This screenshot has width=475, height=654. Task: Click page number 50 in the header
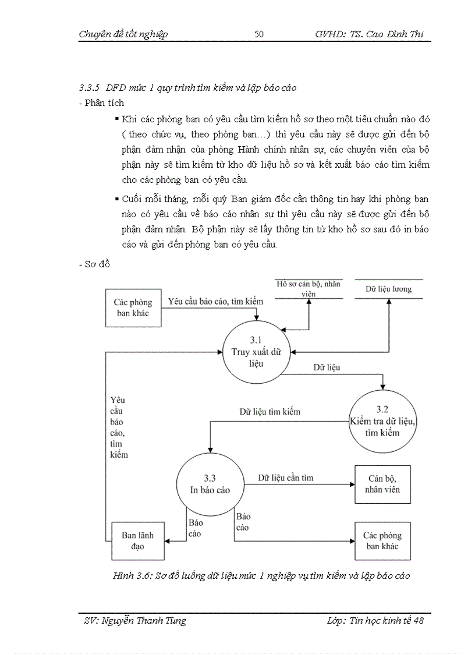click(259, 34)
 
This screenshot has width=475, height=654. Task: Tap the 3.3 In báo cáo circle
click(210, 485)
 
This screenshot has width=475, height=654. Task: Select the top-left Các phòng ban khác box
click(133, 307)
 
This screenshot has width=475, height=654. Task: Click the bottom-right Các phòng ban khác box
click(382, 541)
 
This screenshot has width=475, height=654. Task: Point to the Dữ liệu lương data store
click(388, 289)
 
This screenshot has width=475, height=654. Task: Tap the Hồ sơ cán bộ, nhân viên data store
click(309, 289)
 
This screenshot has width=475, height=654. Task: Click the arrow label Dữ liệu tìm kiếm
click(270, 412)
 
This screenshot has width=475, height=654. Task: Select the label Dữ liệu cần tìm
click(286, 478)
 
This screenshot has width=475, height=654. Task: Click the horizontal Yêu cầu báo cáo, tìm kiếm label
click(215, 302)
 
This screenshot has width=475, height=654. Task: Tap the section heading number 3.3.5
click(90, 89)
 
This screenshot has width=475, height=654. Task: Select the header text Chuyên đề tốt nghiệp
click(123, 34)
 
